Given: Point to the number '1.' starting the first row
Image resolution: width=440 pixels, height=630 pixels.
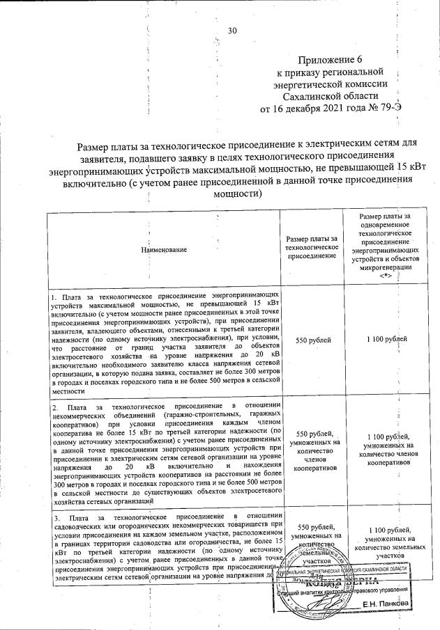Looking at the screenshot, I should pos(54,297).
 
